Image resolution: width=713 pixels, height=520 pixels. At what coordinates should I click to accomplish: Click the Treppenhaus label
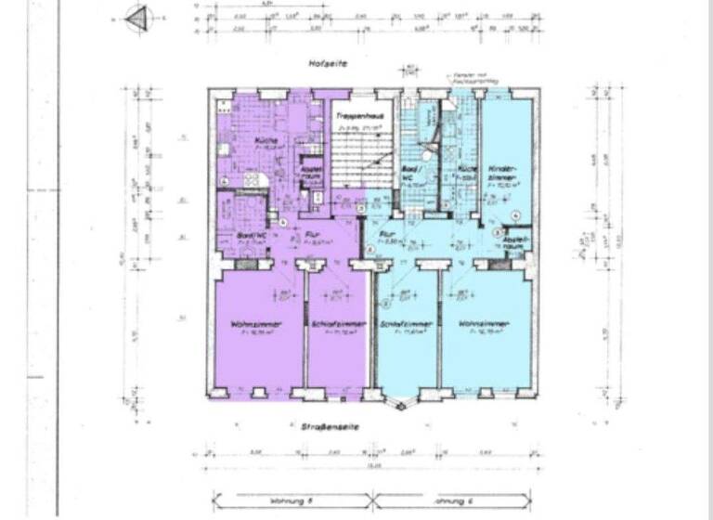351,114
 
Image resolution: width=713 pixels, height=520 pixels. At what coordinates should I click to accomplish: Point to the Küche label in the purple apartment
242,140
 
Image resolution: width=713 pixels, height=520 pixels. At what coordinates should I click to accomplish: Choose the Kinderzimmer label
501,175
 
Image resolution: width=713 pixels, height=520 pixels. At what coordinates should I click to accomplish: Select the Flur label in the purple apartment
313,236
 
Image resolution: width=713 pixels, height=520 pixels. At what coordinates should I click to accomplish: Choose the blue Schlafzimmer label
402,324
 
